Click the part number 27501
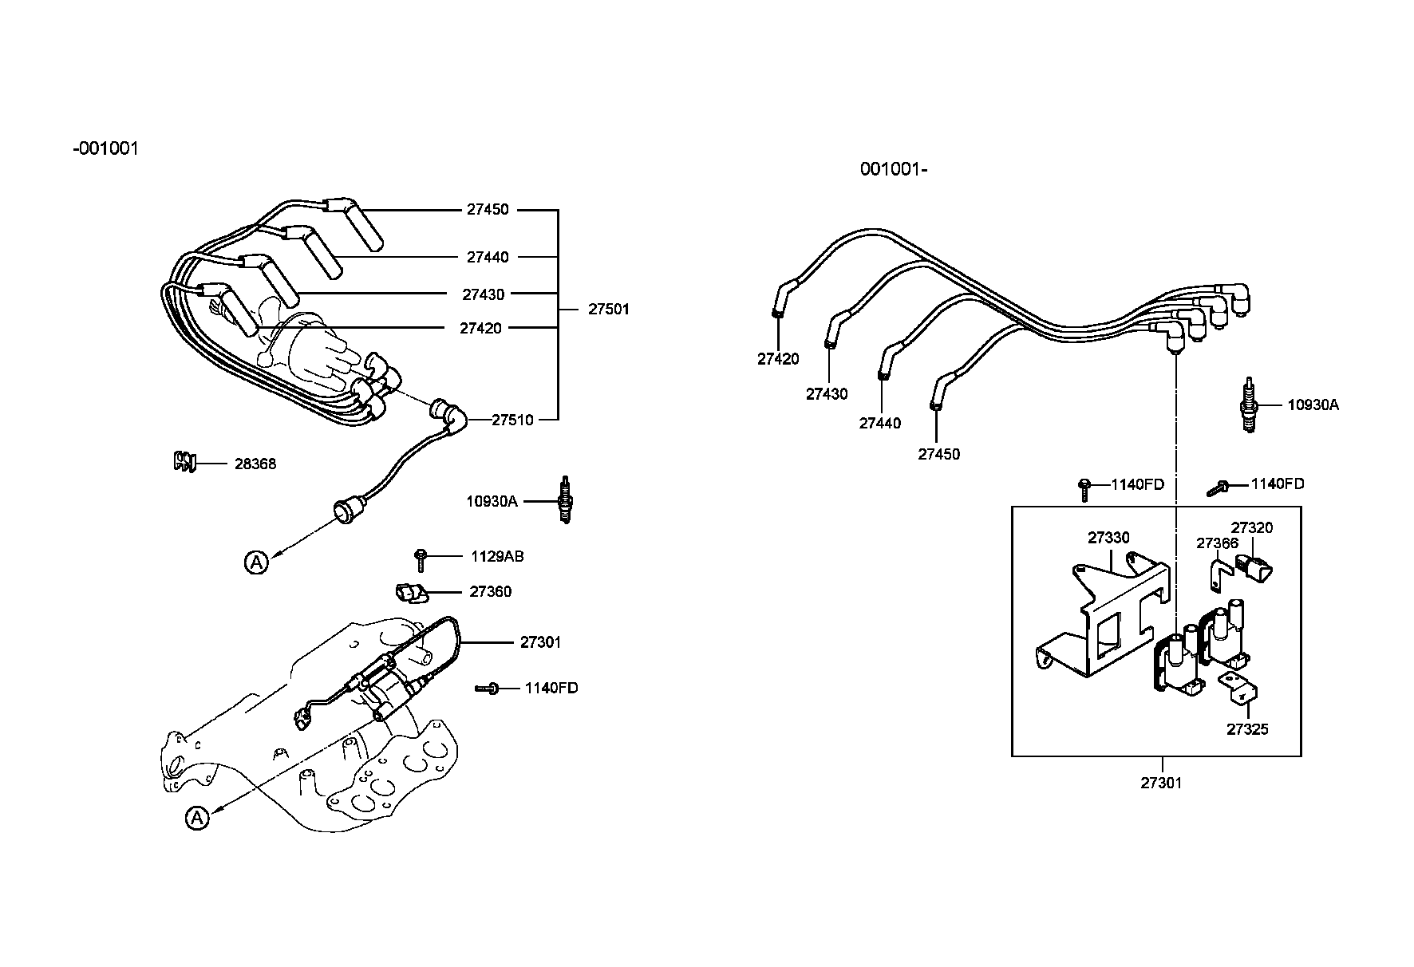click(x=608, y=309)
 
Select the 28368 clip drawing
click(x=184, y=461)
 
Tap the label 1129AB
click(x=497, y=556)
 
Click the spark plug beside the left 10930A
click(x=566, y=500)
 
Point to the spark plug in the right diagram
click(x=1250, y=405)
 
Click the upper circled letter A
click(x=255, y=562)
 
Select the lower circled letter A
click(x=196, y=818)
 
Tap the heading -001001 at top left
click(x=105, y=148)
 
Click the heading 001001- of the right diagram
click(x=893, y=169)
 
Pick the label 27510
click(x=512, y=420)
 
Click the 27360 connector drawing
click(x=410, y=592)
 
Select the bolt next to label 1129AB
click(x=421, y=558)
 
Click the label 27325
click(x=1247, y=729)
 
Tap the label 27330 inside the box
click(x=1108, y=538)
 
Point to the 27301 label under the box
click(x=1161, y=783)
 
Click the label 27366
click(x=1217, y=543)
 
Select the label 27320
click(x=1252, y=527)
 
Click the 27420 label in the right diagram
click(x=778, y=359)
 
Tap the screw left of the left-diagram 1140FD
click(x=487, y=688)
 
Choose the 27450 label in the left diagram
click(x=488, y=210)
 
